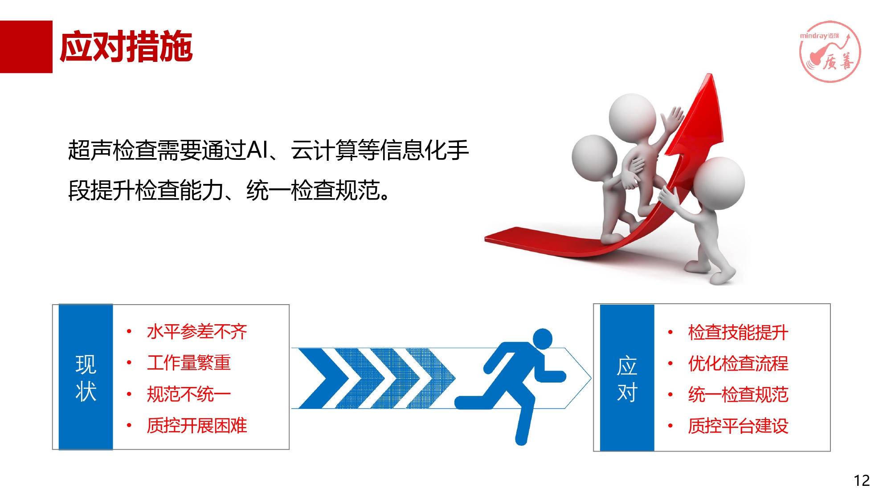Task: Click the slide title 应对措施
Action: pos(126,46)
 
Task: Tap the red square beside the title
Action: pos(26,47)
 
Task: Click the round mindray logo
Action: pos(830,52)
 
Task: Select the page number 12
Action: pos(862,481)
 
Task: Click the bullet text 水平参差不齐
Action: pos(197,332)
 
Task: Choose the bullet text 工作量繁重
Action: pos(189,363)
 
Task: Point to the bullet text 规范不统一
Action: pos(189,394)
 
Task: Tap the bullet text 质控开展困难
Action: pos(197,425)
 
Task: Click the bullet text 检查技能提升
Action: pos(738,333)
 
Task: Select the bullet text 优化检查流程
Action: pos(738,364)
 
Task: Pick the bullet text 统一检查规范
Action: pos(738,395)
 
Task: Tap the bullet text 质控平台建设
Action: pos(738,426)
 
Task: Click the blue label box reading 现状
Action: pos(86,377)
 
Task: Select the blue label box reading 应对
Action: pos(627,378)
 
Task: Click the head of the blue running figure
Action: pos(543,339)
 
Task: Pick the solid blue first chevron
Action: pos(323,379)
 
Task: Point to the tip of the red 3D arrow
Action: pos(710,74)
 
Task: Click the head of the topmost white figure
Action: pos(632,117)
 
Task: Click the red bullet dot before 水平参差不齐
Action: pos(129,331)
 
